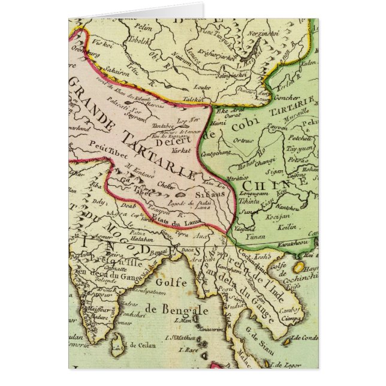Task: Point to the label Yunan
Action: point(256,237)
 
